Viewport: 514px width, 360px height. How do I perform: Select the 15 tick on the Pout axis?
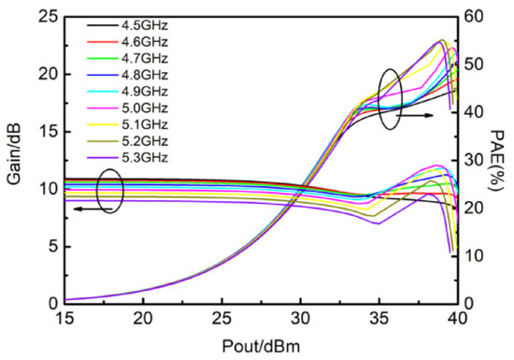point(64,320)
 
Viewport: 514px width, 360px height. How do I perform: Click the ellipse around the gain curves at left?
point(110,190)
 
